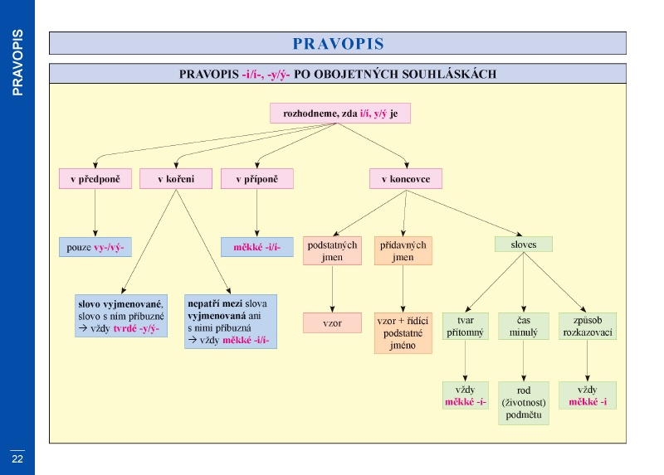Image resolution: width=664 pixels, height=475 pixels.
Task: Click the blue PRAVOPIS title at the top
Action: (338, 44)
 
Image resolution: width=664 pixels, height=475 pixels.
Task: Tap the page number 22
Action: (17, 459)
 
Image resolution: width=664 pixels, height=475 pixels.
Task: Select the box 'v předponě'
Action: (95, 179)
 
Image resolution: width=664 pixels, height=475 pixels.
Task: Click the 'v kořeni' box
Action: (176, 179)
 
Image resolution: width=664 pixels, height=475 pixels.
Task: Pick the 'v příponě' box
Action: (257, 179)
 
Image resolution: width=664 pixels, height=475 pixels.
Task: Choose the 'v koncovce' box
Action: (406, 179)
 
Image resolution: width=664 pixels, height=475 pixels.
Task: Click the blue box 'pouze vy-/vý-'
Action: (95, 247)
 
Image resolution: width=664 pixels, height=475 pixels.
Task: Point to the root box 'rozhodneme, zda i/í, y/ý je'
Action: (340, 114)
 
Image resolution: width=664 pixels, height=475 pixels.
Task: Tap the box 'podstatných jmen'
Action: (333, 251)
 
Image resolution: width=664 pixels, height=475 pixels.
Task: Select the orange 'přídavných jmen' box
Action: (403, 251)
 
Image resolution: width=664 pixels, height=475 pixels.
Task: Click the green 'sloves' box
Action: (524, 245)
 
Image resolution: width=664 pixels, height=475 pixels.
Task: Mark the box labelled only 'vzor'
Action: (333, 323)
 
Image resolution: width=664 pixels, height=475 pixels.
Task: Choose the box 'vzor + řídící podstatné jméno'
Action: (403, 333)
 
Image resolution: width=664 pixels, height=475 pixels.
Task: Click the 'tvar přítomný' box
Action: (466, 326)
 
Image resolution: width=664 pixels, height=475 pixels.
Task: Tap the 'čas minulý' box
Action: (524, 326)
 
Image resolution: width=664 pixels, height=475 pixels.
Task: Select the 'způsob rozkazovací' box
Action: (588, 326)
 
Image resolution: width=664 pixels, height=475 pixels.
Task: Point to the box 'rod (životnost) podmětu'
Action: (524, 403)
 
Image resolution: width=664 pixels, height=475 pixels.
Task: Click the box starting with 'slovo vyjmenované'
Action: (121, 316)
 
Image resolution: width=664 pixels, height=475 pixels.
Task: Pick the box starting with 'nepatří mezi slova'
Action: (231, 322)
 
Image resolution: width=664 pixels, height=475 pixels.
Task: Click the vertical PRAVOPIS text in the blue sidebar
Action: (17, 62)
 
